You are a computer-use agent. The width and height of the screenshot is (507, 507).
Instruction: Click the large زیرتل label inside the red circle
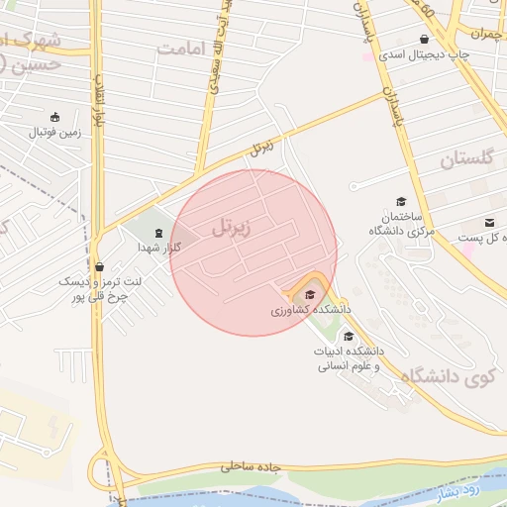click(232, 227)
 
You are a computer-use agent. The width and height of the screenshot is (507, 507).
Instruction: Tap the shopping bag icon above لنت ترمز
click(99, 266)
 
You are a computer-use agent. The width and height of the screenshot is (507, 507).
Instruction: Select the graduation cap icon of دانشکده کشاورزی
click(310, 293)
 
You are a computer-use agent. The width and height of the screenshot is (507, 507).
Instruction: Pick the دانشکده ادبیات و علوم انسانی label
click(352, 358)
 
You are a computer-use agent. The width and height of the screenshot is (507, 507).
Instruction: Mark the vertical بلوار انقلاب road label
click(99, 99)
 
